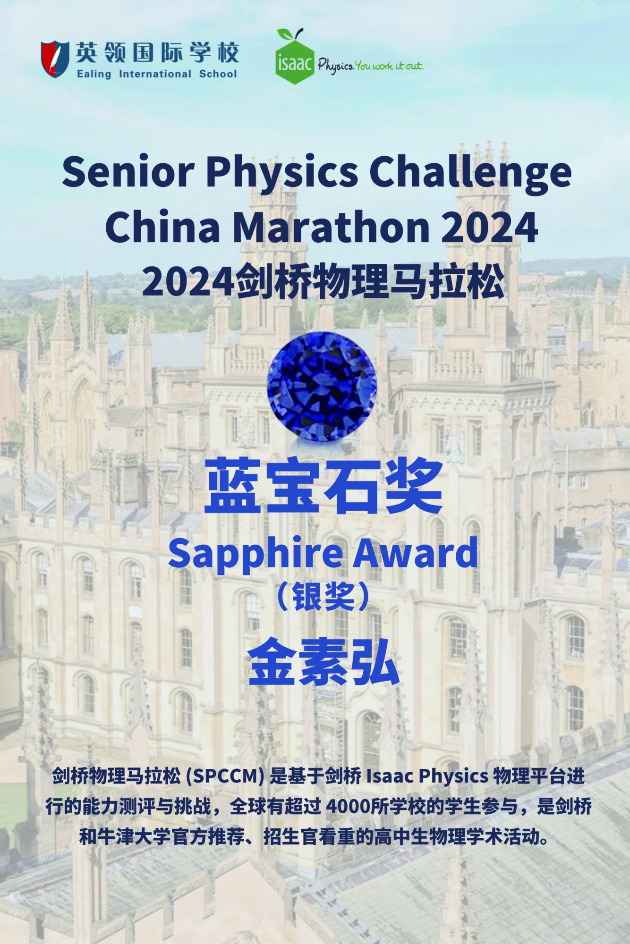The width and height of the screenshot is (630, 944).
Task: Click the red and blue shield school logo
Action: point(55,59)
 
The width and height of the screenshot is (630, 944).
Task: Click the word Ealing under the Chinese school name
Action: point(94,74)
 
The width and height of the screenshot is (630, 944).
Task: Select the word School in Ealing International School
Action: point(218,74)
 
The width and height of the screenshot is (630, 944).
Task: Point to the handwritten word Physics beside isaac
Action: point(336,66)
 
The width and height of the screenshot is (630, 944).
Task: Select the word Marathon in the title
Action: point(331,227)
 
